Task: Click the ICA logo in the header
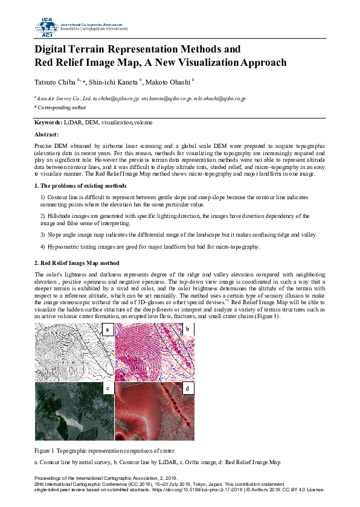tap(46, 25)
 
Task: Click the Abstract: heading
tap(47, 135)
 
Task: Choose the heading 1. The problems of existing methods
tap(80, 186)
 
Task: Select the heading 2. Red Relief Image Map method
tap(77, 264)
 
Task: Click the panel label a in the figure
tap(107, 330)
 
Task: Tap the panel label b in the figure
tap(188, 329)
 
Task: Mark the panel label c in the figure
tap(107, 388)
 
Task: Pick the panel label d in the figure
tap(188, 388)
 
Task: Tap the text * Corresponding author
tap(60, 107)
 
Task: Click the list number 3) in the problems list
tap(42, 234)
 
